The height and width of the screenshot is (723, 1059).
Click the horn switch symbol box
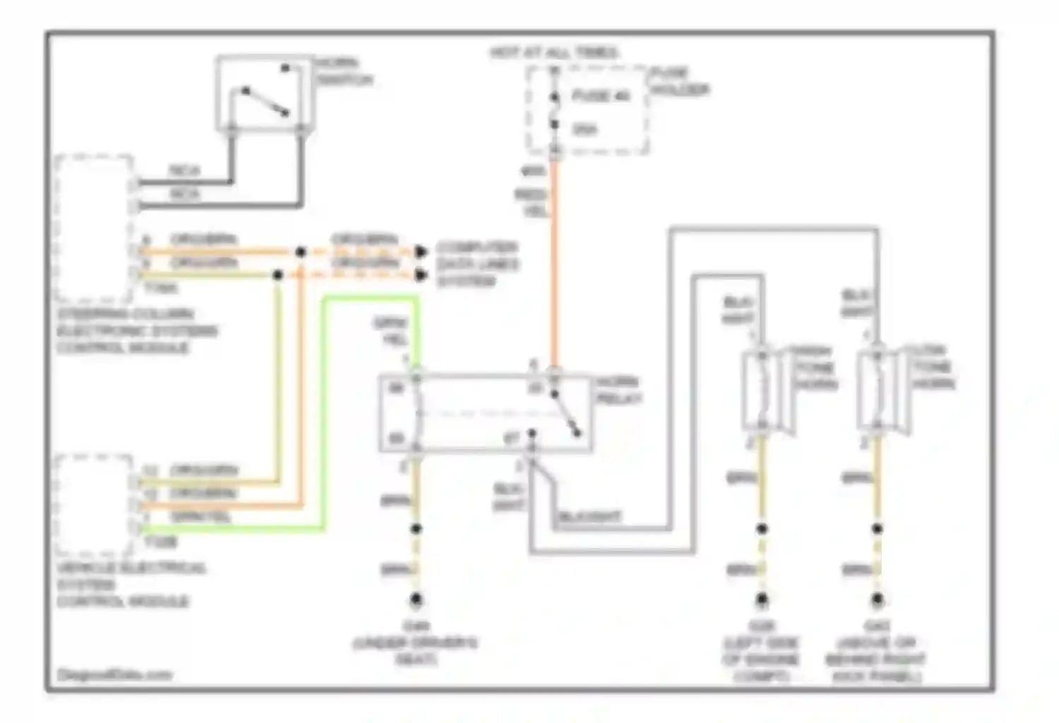pos(263,94)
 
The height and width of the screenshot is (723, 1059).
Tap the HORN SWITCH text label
pos(344,71)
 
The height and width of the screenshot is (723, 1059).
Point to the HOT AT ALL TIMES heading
pos(554,53)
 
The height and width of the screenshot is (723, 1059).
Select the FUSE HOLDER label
pos(679,81)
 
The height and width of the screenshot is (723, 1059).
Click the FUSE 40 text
pos(600,96)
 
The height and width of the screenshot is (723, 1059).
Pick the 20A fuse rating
pos(585,129)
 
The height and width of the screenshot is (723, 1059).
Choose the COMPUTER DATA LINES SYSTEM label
pos(477,264)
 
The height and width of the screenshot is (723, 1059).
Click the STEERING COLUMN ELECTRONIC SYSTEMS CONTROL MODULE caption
pos(137,330)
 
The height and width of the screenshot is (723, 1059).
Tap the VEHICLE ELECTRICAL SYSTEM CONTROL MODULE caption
pos(131,585)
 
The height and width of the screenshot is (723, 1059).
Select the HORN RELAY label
pos(619,390)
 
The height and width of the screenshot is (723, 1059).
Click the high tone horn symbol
pos(764,390)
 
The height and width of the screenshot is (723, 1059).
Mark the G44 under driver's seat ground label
pos(415,643)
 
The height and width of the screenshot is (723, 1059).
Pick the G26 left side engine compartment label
pos(761,651)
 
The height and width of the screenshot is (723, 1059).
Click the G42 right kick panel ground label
pos(876,651)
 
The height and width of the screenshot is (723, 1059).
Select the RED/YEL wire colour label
pos(531,202)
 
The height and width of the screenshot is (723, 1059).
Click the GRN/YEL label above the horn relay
pos(390,330)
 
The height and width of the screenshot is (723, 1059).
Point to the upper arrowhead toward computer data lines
pos(421,251)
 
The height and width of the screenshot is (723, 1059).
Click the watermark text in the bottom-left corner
pos(114,674)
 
